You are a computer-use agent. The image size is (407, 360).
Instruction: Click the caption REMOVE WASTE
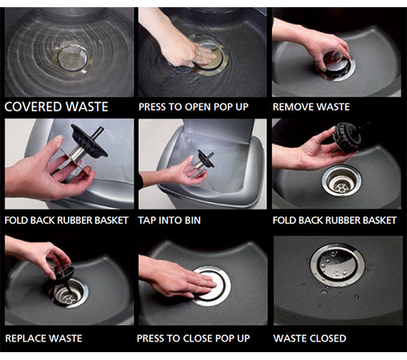[x=311, y=107]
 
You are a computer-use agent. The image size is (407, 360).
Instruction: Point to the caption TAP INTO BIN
[x=170, y=221]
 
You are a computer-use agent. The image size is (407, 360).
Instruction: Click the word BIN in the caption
[x=191, y=221]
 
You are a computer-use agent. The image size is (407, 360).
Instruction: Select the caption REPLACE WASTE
[x=44, y=337]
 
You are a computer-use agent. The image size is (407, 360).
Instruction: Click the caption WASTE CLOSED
[x=309, y=337]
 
